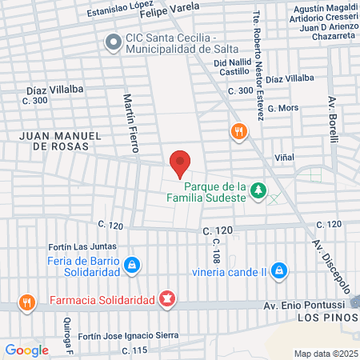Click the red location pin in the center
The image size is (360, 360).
point(181,162)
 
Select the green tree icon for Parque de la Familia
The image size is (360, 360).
point(258,190)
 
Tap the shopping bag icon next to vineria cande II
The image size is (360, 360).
point(278,270)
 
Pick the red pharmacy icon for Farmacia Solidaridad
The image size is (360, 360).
point(167,300)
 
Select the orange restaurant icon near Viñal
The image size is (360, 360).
point(237,132)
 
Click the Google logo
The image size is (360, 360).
point(26,349)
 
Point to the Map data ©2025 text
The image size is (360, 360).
point(324,353)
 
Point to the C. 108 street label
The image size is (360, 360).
point(217,255)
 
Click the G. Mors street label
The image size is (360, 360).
point(282,107)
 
